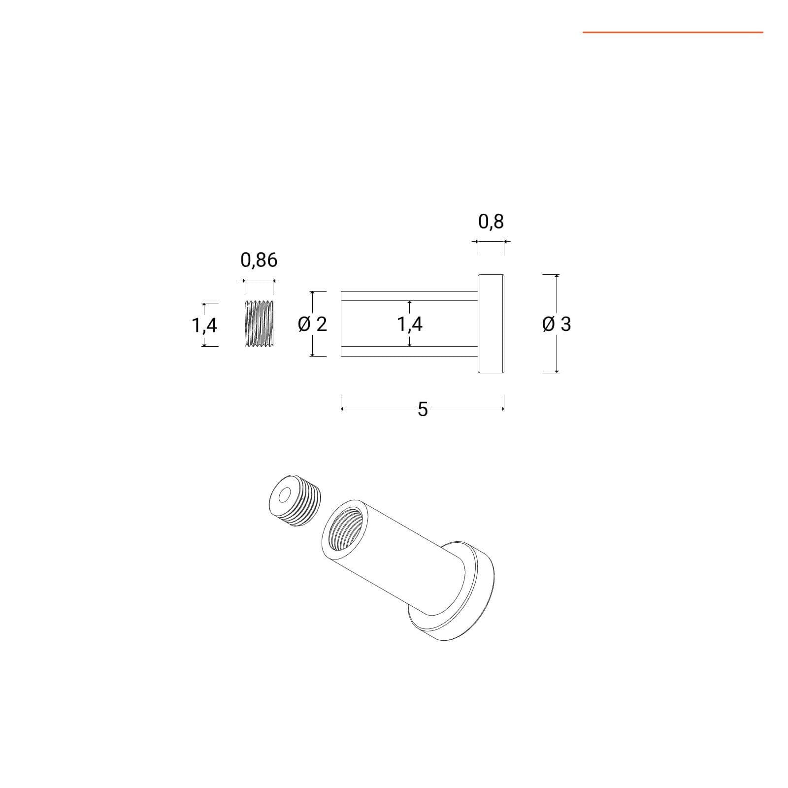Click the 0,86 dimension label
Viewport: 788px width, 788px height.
click(x=259, y=260)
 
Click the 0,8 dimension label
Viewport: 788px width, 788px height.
click(x=491, y=222)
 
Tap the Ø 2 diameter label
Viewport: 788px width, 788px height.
click(x=313, y=324)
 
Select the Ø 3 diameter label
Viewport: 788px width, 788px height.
click(x=557, y=324)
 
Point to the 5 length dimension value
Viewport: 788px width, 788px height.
click(x=423, y=409)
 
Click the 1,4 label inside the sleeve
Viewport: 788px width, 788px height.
click(x=410, y=324)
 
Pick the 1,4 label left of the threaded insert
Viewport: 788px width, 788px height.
click(x=204, y=325)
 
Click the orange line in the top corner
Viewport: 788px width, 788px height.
click(x=673, y=33)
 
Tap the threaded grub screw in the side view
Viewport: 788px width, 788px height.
click(x=259, y=323)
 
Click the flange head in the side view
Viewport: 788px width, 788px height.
click(x=491, y=324)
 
